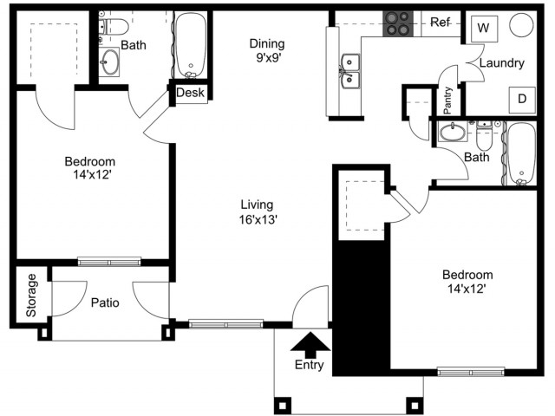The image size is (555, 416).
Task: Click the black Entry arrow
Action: click(310, 346)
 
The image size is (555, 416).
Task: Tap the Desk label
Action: click(190, 93)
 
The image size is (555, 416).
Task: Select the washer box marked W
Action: click(484, 29)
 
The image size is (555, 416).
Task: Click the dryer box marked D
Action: click(522, 100)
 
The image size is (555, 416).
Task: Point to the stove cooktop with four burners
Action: click(397, 23)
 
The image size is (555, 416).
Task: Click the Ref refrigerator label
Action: click(440, 23)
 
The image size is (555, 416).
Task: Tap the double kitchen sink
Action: click(349, 72)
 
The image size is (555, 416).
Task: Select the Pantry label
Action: click(447, 101)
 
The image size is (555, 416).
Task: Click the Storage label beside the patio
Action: click(31, 295)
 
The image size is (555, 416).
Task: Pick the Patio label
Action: click(105, 302)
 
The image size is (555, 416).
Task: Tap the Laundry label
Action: click(501, 63)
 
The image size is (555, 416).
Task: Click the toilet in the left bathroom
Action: click(114, 27)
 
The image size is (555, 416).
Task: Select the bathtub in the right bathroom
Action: click(521, 153)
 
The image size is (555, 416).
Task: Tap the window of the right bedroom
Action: click(471, 372)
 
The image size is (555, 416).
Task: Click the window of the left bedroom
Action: click(109, 262)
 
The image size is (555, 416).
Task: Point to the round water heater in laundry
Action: click(521, 25)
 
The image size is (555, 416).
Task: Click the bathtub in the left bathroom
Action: click(191, 45)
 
